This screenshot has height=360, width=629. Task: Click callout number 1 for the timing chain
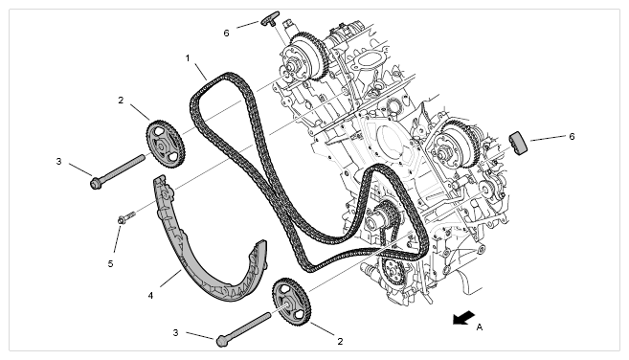pyautogui.click(x=188, y=58)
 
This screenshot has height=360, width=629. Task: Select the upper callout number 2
pyautogui.click(x=121, y=101)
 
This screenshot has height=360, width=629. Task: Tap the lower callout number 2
pyautogui.click(x=340, y=342)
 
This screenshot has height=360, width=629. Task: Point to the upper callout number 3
pyautogui.click(x=59, y=162)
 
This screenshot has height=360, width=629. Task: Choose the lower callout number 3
pyautogui.click(x=175, y=332)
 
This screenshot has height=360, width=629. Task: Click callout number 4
pyautogui.click(x=150, y=296)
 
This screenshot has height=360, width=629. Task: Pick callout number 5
pyautogui.click(x=110, y=264)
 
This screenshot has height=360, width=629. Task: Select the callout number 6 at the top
pyautogui.click(x=226, y=34)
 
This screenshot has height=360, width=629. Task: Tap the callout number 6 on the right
pyautogui.click(x=572, y=137)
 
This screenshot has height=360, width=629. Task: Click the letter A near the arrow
pyautogui.click(x=480, y=327)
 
